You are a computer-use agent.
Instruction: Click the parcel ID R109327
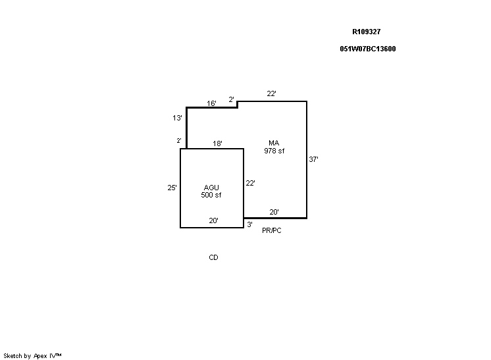367,32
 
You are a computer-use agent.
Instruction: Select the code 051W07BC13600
368,49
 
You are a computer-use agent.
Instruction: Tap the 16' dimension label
211,103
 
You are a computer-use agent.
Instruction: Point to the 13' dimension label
177,118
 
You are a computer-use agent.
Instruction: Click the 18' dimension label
217,143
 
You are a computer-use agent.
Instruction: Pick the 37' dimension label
313,159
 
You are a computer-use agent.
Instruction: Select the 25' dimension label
172,188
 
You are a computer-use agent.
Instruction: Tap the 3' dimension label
250,224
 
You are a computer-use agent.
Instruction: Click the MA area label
274,143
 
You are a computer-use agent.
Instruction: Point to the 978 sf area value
274,151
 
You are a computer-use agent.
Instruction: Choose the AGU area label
211,188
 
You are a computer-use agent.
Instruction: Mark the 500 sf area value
211,195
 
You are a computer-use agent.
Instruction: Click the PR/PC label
271,230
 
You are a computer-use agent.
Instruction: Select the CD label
213,257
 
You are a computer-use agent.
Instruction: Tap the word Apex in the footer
40,356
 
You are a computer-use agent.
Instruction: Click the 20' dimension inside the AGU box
213,220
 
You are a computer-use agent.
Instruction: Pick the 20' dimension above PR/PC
274,212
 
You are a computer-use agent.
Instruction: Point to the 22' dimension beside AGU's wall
250,183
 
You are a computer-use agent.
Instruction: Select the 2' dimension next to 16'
232,99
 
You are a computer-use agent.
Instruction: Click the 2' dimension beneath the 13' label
179,141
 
